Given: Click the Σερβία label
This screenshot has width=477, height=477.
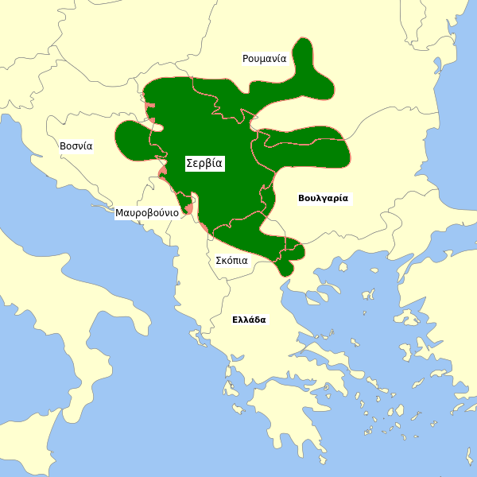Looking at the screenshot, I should [204, 163].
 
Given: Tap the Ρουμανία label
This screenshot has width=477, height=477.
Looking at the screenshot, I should [264, 59].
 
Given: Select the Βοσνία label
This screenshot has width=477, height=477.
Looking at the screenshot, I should [76, 146].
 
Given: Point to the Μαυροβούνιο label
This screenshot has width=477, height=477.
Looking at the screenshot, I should [146, 213].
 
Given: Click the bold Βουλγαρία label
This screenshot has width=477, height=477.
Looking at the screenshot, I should [323, 198].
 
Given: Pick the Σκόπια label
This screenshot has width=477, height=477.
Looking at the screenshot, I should [231, 260].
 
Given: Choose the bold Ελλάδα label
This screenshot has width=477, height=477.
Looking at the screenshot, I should [249, 320].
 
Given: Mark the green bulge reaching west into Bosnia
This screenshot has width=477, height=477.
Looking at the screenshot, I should [131, 139].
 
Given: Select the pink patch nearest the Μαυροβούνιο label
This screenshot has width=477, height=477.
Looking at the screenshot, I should [188, 209].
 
